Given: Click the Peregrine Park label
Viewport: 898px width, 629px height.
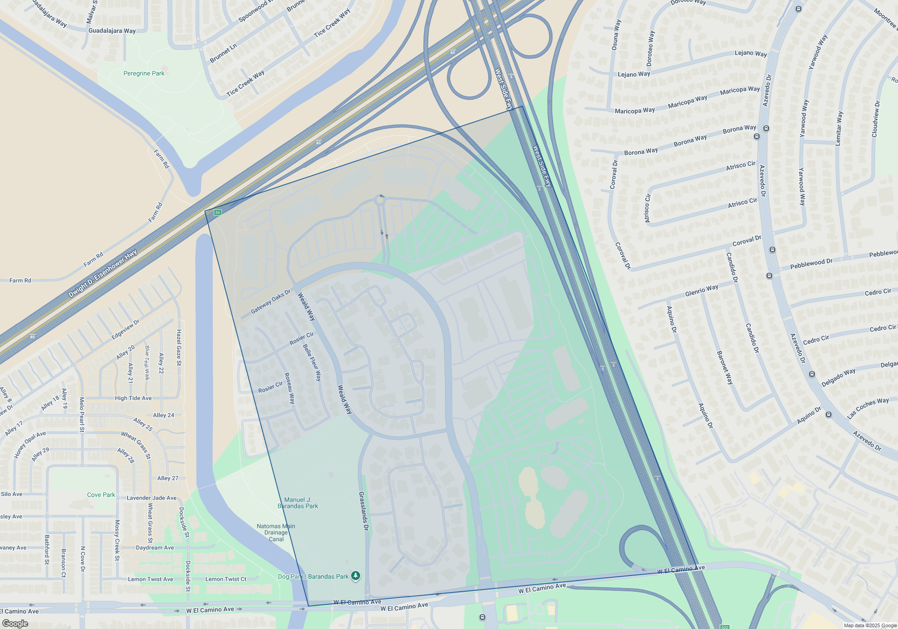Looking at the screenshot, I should pos(144,73).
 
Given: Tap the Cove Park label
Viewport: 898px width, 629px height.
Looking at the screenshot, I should pos(101,495).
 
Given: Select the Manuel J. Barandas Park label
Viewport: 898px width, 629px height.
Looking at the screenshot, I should pos(298,503).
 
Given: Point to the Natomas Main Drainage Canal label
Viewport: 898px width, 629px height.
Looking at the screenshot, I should pos(276,532).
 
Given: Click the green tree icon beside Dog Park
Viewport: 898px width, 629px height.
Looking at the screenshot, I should pos(356,576).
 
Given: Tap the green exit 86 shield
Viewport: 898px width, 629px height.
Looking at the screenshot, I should pos(217,213).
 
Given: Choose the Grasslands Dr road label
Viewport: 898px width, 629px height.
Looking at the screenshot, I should pos(363,511).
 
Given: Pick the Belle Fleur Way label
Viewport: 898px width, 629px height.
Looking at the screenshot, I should pos(312,363).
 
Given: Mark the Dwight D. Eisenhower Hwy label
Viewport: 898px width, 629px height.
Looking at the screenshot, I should pos(102,274).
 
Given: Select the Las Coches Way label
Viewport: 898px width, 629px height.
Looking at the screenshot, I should pos(867,408).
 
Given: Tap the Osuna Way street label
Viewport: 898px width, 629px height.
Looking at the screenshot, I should pos(616,34).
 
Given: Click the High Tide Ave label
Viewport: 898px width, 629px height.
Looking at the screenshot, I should pos(133,398).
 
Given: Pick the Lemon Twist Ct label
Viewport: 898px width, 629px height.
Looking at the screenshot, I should pos(225,579).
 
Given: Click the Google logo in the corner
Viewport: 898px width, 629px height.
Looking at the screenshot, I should pos(15,624).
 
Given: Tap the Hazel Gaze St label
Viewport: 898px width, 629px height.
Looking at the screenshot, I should pos(179,347).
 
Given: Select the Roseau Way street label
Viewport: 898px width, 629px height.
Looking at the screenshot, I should pos(290,388).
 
